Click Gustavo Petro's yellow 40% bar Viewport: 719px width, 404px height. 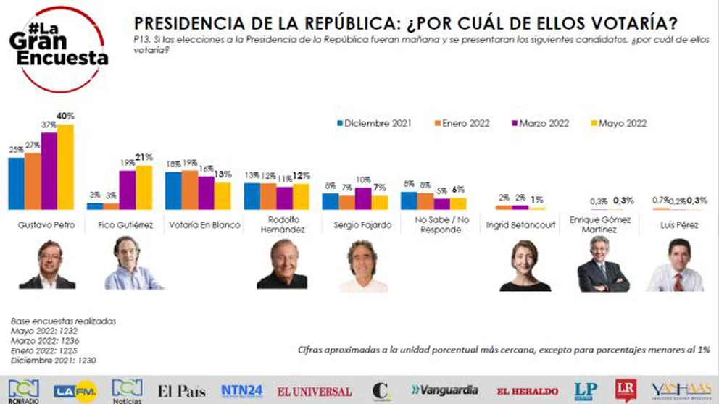point(65,167)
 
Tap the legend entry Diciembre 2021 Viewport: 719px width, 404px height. point(374,124)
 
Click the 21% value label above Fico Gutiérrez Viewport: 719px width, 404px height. point(144,158)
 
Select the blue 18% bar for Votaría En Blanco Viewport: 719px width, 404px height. point(173,190)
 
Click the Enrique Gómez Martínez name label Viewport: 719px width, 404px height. point(599,224)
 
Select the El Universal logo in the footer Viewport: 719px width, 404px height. point(315,392)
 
